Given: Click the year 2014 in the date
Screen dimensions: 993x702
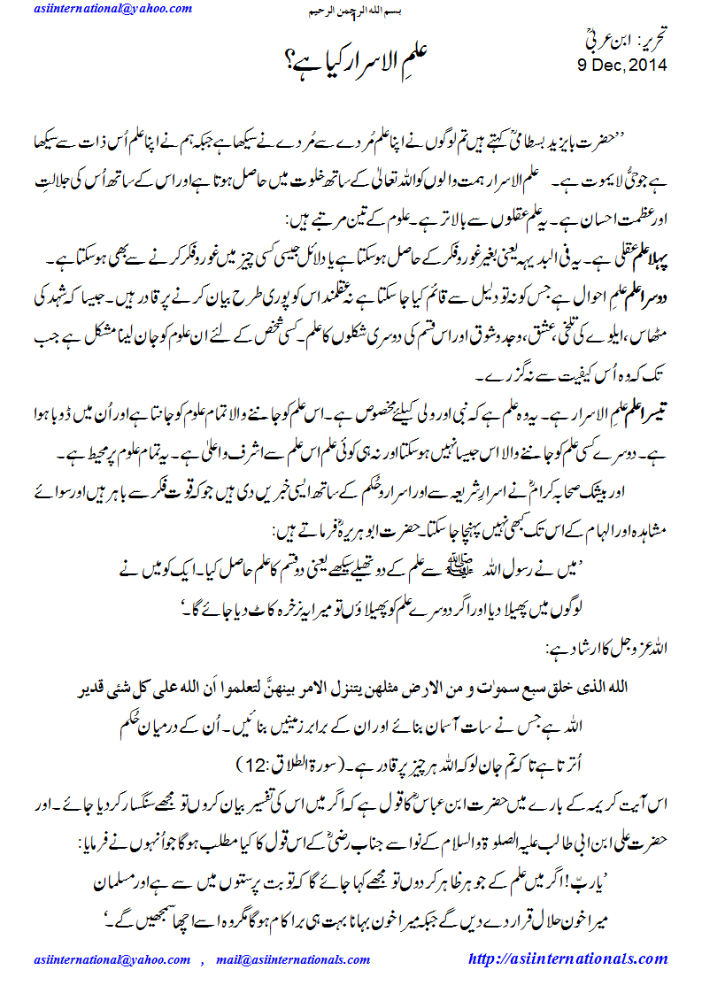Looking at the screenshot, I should coord(645,65).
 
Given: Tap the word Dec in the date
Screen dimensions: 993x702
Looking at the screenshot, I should coord(606,65).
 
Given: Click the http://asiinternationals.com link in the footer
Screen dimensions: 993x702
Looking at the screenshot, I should coord(567,958).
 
